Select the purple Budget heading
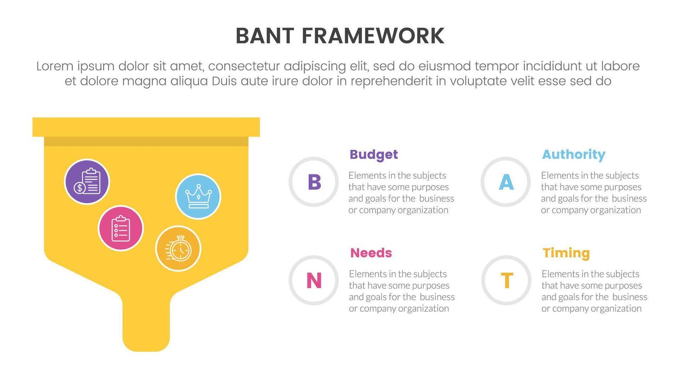click(x=374, y=154)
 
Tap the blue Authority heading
click(x=573, y=154)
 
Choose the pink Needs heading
click(x=371, y=253)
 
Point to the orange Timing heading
click(x=566, y=253)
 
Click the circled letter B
click(x=314, y=182)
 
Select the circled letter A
click(x=506, y=182)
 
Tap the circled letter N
click(x=314, y=281)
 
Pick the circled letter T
click(x=506, y=281)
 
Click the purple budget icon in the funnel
click(x=87, y=182)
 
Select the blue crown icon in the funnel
click(x=198, y=196)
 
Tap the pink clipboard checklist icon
click(x=121, y=228)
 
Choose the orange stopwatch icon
click(x=178, y=249)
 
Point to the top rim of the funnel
click(x=146, y=127)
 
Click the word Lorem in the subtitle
click(x=55, y=66)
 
